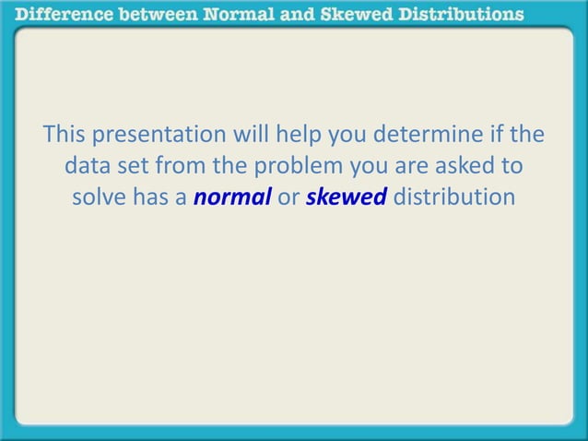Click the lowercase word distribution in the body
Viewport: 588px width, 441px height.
click(453, 197)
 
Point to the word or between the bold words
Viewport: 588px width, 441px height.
click(288, 197)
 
